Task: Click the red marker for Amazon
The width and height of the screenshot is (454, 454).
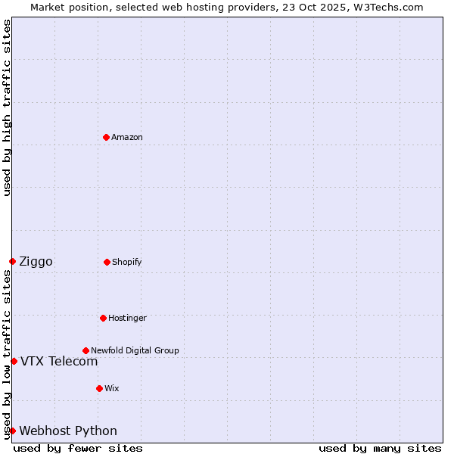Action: [x=106, y=137]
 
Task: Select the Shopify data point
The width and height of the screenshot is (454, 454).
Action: [x=107, y=262]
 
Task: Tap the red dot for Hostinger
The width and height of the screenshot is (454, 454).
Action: [x=103, y=318]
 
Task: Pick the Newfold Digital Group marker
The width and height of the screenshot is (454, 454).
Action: [x=86, y=350]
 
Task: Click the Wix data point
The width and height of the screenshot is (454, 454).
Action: [x=99, y=388]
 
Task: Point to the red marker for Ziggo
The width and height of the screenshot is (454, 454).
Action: [x=12, y=261]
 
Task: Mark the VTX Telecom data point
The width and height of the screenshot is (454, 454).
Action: [x=14, y=361]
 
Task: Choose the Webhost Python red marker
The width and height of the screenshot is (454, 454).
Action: [x=12, y=431]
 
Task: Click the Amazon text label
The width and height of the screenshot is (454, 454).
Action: [x=127, y=137]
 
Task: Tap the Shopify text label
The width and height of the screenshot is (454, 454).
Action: [x=127, y=262]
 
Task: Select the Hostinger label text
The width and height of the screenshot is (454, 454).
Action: [x=127, y=318]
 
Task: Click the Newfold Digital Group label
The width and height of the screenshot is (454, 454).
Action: [x=135, y=350]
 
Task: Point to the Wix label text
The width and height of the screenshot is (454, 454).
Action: [x=112, y=388]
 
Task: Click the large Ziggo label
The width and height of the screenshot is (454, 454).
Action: [x=36, y=262]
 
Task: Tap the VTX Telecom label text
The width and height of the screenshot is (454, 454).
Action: [x=59, y=362]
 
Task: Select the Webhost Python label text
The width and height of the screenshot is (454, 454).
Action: [x=68, y=431]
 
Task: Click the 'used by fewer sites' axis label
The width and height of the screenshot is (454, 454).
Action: [x=78, y=448]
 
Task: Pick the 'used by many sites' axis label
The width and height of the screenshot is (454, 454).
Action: [x=380, y=448]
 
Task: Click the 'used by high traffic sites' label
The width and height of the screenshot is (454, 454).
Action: [x=7, y=107]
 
